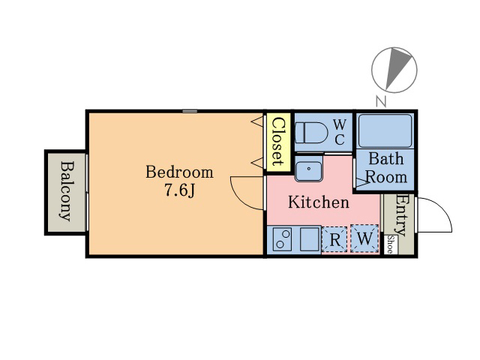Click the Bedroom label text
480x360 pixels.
[x=179, y=172]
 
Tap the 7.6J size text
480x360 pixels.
[x=180, y=190]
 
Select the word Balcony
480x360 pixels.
[x=67, y=191]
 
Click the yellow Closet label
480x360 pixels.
[x=278, y=142]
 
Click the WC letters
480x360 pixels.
[x=340, y=132]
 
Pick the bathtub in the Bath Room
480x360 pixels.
[x=385, y=131]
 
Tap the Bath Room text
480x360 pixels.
[x=386, y=168]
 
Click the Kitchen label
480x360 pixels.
[x=319, y=202]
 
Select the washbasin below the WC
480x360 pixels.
[x=308, y=169]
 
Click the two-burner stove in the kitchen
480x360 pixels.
[x=282, y=239]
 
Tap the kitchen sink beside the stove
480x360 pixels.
[x=310, y=239]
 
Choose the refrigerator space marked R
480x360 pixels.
[x=334, y=239]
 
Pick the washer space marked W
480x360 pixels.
[x=364, y=238]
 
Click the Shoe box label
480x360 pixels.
[x=390, y=244]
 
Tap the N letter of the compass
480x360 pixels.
[x=381, y=101]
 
